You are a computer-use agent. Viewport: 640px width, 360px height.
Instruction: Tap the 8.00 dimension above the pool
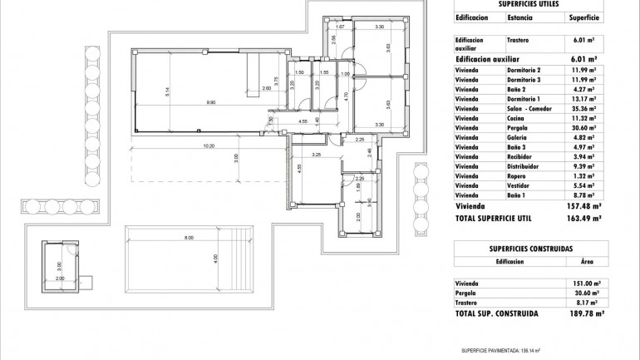189,238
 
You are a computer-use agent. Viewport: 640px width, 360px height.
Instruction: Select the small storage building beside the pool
59,262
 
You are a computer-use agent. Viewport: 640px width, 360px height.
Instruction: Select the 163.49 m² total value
584,219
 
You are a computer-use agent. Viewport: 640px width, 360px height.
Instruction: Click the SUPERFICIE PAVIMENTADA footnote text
501,351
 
